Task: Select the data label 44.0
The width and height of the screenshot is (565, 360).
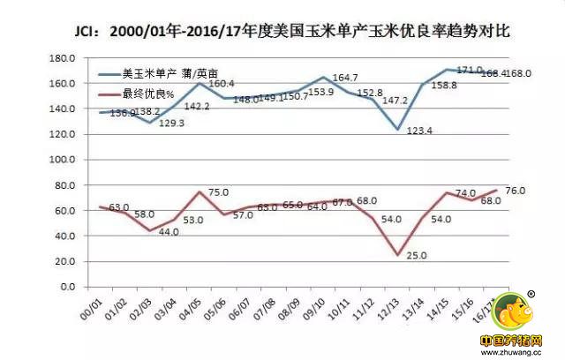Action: click(x=168, y=232)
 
